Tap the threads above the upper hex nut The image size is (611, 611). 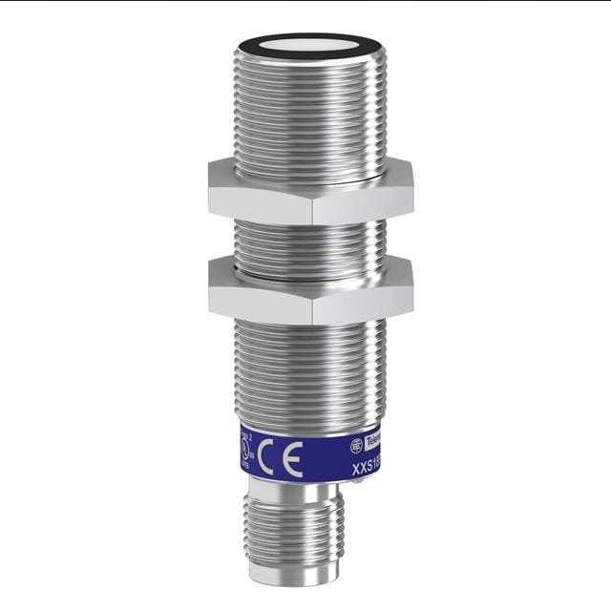click(x=310, y=115)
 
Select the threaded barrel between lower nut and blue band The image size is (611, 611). click(x=310, y=372)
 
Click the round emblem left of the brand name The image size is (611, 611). click(x=356, y=445)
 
